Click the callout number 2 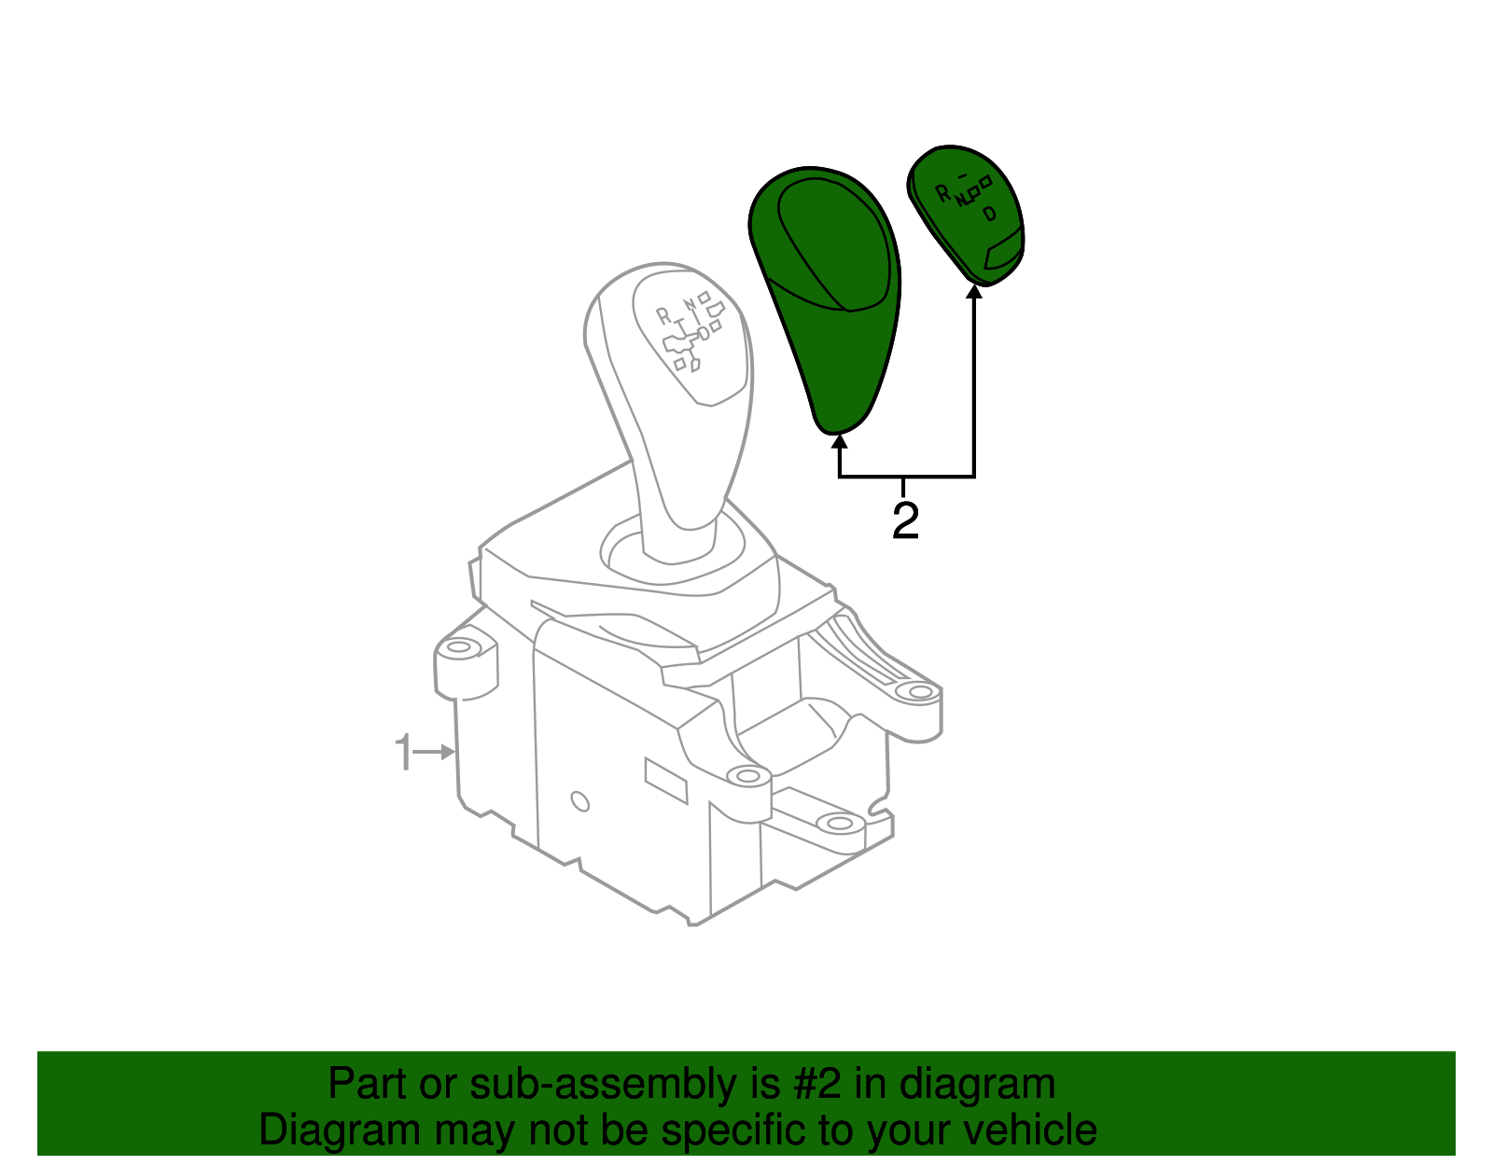905,521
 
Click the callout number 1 404,752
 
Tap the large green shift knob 825,299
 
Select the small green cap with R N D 967,215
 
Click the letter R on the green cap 943,194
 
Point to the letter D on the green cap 989,215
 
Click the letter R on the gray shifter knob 663,316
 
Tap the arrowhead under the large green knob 839,441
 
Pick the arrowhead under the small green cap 974,292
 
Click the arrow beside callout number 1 434,753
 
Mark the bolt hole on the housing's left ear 459,647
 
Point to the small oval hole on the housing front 579,802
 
